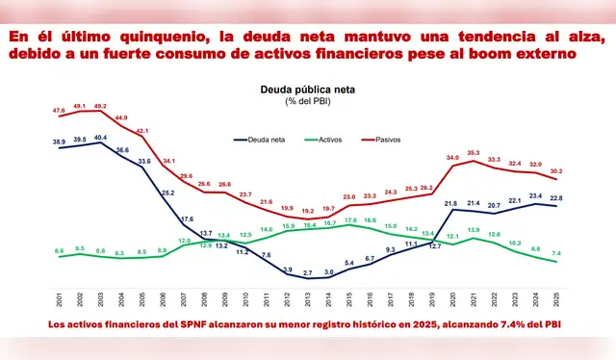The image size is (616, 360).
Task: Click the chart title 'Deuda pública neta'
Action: pyautogui.click(x=307, y=89)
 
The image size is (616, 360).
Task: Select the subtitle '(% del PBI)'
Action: pyautogui.click(x=307, y=102)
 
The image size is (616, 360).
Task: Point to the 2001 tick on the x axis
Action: pyautogui.click(x=60, y=299)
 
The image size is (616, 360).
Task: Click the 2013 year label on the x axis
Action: pyautogui.click(x=307, y=299)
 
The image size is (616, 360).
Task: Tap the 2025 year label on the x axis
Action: pyautogui.click(x=554, y=299)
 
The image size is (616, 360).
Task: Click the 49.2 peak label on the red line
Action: pyautogui.click(x=101, y=107)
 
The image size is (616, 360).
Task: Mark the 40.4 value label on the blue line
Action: pyautogui.click(x=101, y=138)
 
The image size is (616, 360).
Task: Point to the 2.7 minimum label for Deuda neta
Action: pyautogui.click(x=307, y=274)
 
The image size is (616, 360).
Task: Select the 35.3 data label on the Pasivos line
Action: pyautogui.click(x=473, y=152)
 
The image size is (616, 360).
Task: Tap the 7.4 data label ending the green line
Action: pyautogui.click(x=556, y=253)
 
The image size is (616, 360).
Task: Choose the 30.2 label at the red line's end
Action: pyautogui.click(x=556, y=170)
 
